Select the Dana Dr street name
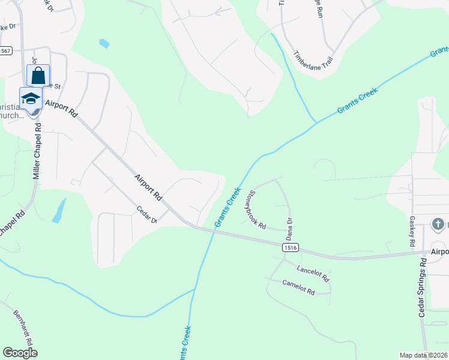coord(289,229)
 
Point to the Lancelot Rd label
coord(313,275)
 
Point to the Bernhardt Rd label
coord(25,327)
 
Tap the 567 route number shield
coord(5,51)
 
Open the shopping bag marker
coord(38,76)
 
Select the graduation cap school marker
coord(31,99)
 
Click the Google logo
coord(20,352)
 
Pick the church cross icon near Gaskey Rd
coord(438,224)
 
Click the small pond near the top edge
coord(104,43)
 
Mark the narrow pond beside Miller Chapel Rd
coord(59,211)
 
